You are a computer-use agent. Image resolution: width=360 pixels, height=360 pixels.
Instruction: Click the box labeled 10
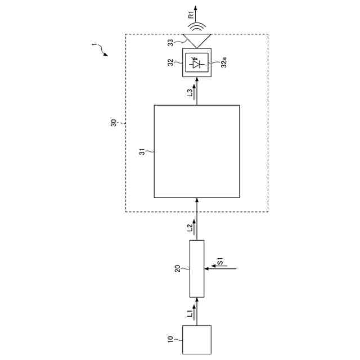[197, 339]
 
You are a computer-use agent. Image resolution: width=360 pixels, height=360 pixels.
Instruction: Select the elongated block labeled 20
[197, 269]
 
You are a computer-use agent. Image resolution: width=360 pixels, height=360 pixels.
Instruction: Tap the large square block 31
[197, 151]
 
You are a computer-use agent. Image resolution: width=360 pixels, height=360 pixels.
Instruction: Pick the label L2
[190, 228]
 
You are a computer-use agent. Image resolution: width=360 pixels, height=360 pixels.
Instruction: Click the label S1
[221, 261]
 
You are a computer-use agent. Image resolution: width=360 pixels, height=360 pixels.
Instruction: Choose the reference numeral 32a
[224, 63]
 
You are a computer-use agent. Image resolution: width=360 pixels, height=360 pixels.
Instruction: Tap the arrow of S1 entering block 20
[217, 269]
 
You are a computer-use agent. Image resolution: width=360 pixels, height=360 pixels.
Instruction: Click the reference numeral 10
[170, 339]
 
